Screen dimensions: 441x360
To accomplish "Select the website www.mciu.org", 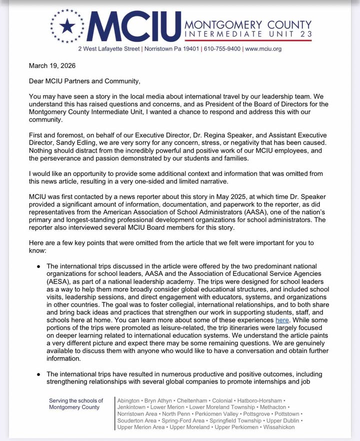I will [263, 49].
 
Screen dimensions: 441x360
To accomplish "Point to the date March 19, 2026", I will [41, 66].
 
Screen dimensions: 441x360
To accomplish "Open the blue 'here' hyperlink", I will [281, 319].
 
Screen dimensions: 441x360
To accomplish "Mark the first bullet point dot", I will [38, 266].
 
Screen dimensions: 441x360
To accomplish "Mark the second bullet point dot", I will [38, 374].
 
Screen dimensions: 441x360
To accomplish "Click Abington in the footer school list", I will [128, 401].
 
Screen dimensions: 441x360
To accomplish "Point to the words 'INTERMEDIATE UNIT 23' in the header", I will [248, 33].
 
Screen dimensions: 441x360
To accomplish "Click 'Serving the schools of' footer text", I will [76, 401].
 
